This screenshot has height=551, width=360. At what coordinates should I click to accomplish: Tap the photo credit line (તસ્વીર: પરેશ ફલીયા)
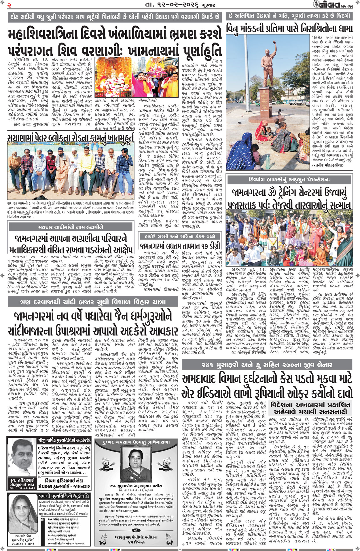tap(327, 165)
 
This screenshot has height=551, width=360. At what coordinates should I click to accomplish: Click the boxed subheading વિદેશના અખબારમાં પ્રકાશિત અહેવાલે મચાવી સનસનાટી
tap(310, 408)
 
